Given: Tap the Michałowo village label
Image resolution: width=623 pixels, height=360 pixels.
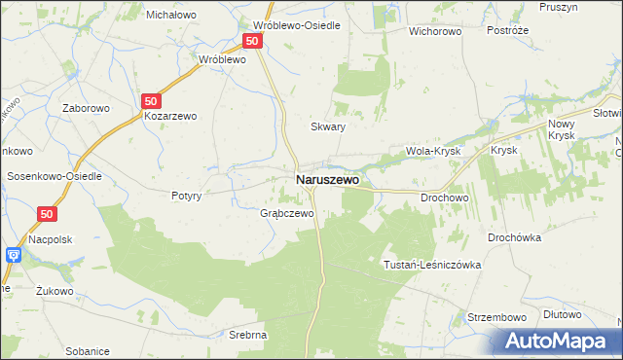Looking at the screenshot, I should tap(171, 15).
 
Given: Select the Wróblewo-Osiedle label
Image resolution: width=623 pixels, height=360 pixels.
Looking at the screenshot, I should tap(296, 25).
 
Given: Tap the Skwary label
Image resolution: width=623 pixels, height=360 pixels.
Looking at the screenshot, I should tap(328, 126).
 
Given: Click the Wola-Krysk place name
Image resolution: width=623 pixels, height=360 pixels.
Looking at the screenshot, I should tap(432, 152).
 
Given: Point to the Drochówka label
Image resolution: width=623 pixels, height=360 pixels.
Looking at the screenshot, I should tap(520, 236).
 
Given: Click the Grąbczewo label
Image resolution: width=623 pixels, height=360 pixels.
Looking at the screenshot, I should tap(287, 213).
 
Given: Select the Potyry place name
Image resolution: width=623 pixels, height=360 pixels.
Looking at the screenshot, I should tap(185, 196).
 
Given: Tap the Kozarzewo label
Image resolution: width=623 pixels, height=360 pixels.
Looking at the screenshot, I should tap(170, 116).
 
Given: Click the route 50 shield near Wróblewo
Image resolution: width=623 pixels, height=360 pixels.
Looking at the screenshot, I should tap(252, 41).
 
